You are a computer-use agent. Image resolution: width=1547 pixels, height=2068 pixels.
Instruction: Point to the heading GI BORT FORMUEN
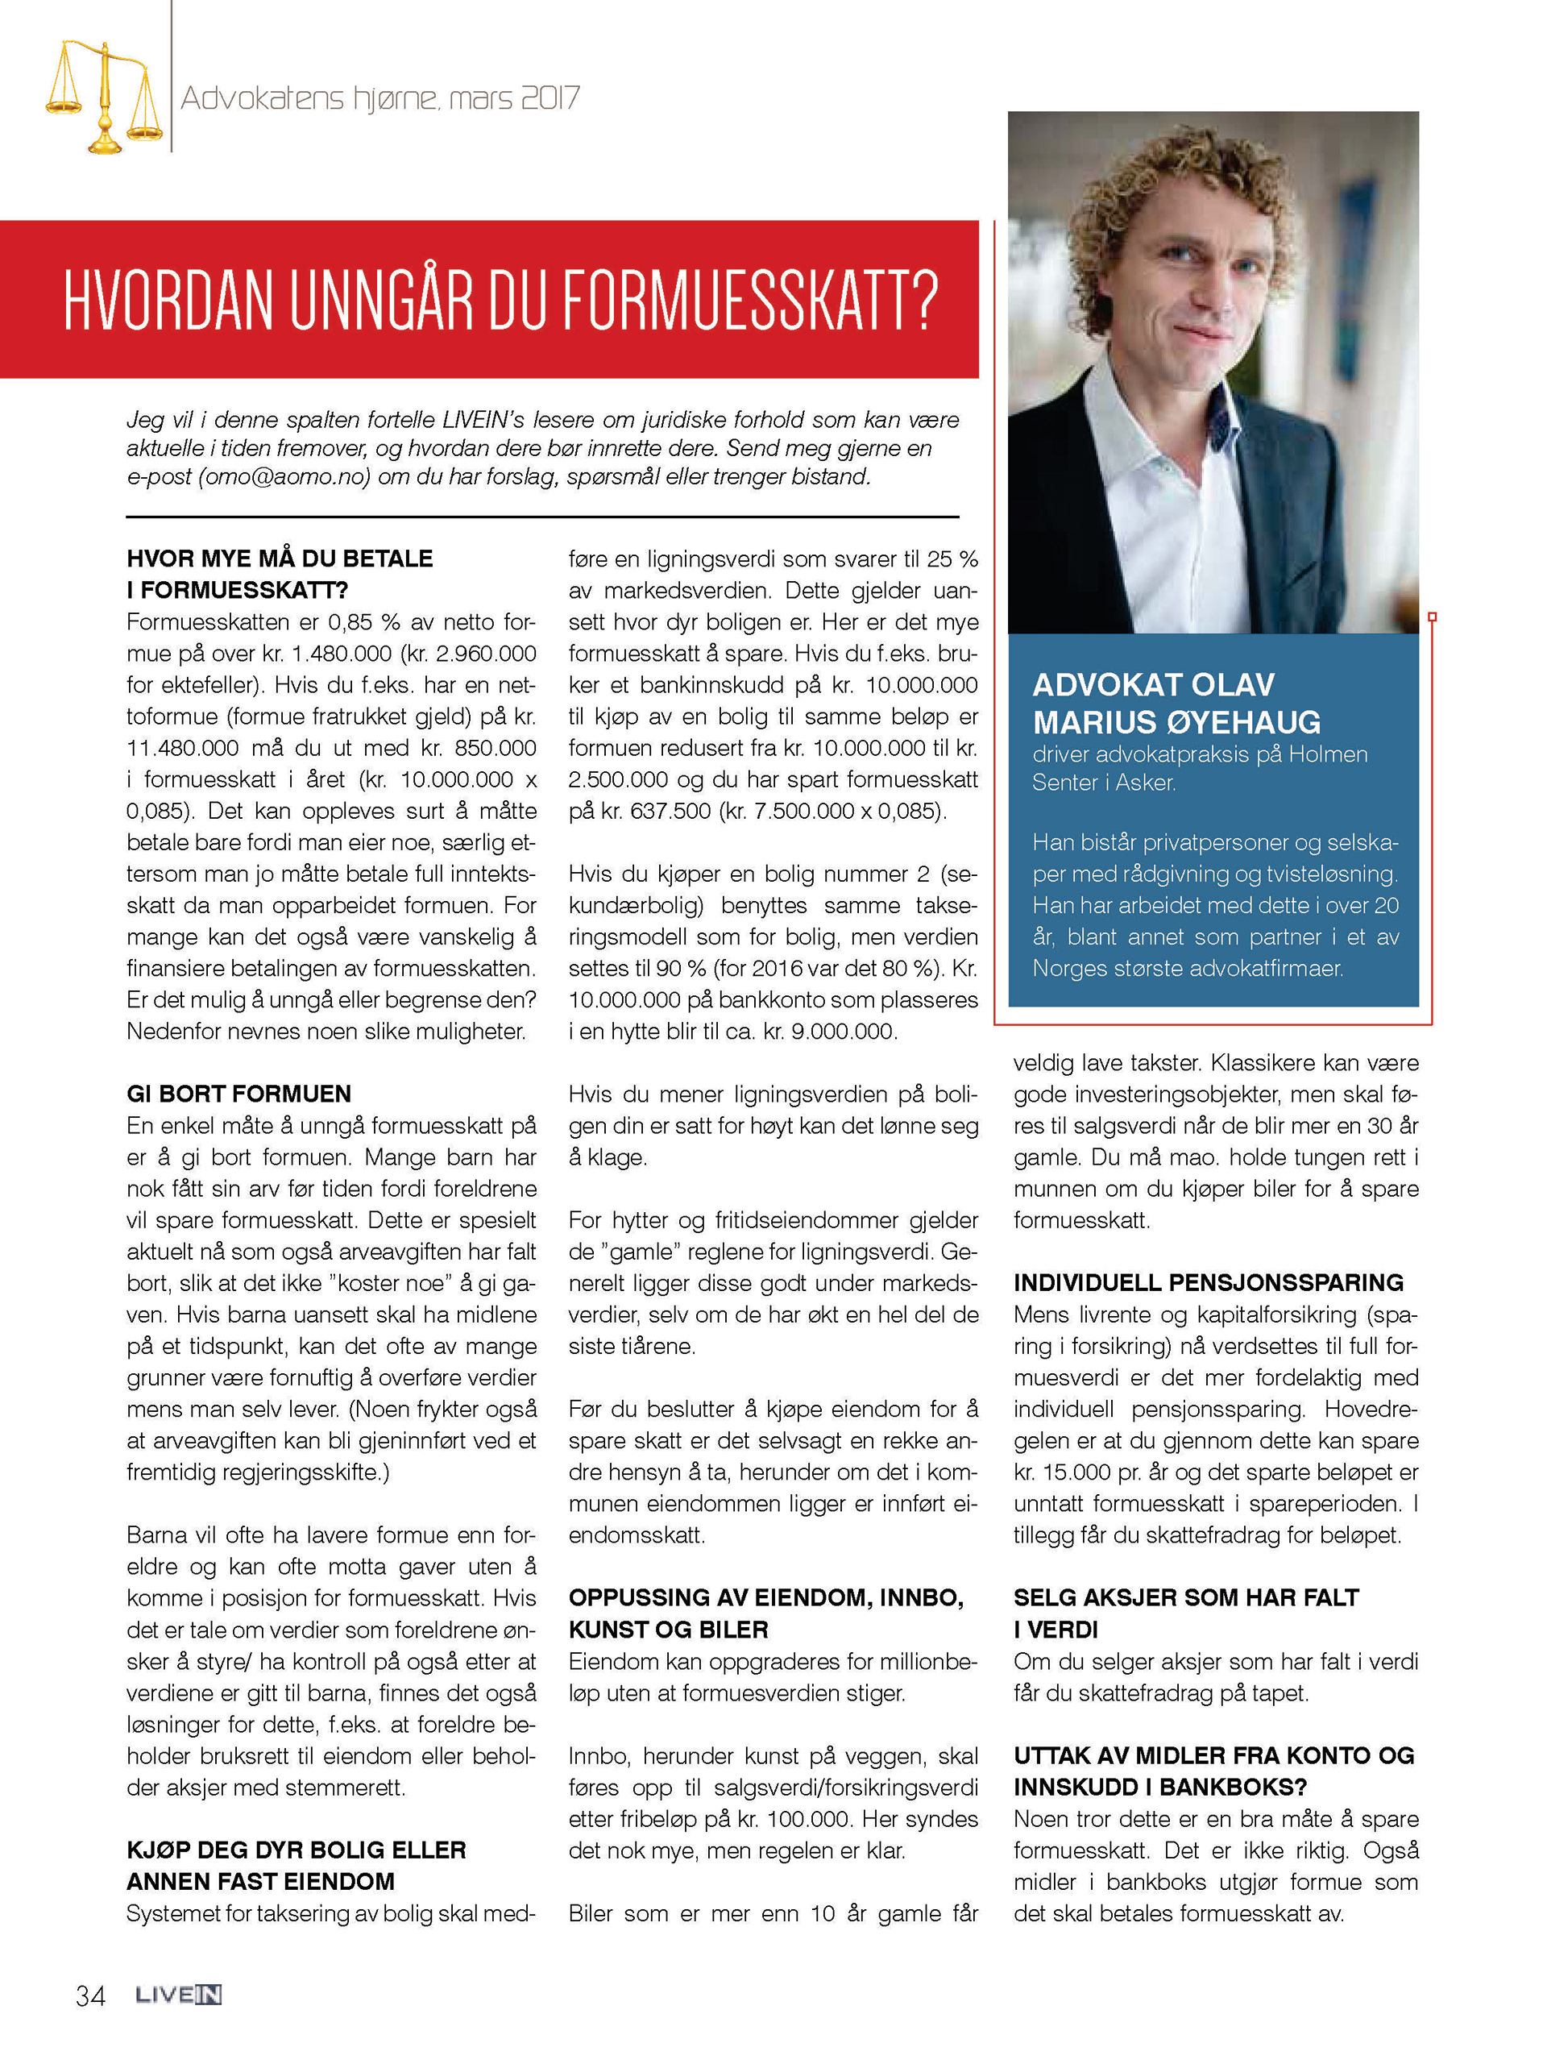239,1094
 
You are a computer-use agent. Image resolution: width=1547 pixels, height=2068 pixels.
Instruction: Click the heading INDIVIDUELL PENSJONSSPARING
1209,1283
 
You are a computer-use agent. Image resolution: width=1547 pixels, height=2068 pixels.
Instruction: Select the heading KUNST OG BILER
668,1630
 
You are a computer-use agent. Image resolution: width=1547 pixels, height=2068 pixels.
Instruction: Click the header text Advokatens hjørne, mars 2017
379,98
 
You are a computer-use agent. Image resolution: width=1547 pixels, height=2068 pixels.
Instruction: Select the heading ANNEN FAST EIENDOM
261,1881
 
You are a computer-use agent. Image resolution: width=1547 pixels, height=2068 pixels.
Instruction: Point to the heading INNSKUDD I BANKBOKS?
1160,1787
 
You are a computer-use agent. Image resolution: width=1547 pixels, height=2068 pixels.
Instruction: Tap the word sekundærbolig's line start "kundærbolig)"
635,905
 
